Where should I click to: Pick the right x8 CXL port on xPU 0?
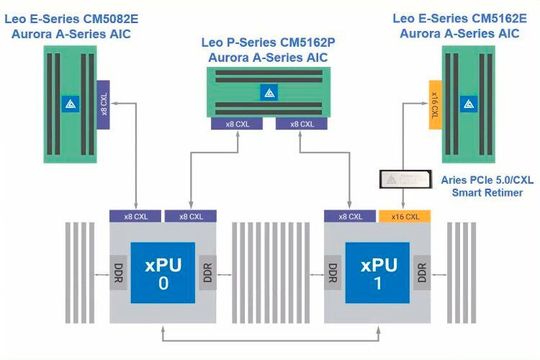tap(189, 216)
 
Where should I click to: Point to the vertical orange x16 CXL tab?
tap(434, 103)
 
